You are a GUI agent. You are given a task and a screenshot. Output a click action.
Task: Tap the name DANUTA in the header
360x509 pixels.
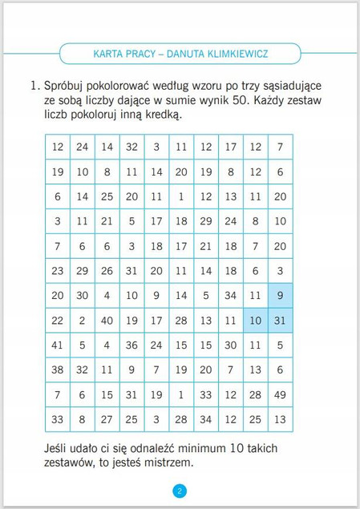click(x=178, y=55)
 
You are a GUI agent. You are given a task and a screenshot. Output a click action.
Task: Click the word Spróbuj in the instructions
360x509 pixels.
click(x=67, y=85)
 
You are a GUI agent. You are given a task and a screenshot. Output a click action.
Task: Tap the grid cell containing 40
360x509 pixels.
click(x=107, y=321)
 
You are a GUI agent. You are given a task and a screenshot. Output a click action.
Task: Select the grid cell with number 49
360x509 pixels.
click(x=280, y=394)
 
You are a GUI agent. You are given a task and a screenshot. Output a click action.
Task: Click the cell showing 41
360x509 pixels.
click(x=57, y=345)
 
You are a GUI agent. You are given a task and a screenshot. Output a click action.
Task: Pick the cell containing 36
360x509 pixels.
click(x=131, y=345)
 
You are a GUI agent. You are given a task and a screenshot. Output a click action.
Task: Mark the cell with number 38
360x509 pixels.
click(x=57, y=370)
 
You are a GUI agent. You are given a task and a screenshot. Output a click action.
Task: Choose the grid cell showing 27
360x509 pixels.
click(x=107, y=419)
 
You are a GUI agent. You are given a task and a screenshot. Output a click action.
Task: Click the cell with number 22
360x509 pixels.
click(x=57, y=321)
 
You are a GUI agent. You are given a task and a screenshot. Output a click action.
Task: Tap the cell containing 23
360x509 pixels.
click(x=57, y=271)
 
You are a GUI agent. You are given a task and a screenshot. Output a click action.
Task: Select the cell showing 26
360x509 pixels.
click(x=107, y=271)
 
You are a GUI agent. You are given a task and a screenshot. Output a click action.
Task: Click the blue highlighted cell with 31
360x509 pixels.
click(x=280, y=321)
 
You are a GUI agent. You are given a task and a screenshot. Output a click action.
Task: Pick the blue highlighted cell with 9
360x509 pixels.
click(x=280, y=296)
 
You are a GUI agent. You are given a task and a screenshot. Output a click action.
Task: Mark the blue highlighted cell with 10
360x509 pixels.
click(x=255, y=321)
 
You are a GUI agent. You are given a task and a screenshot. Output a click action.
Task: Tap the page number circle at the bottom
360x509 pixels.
click(x=180, y=491)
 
